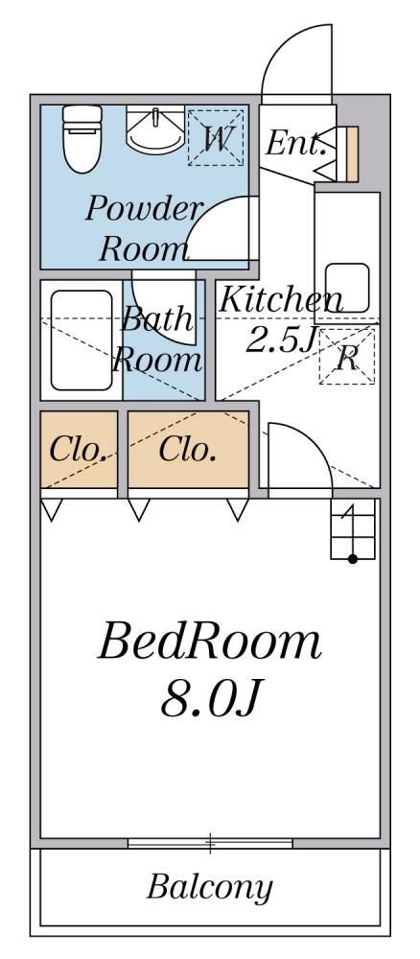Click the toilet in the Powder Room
click(82, 139)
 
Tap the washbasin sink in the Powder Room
click(155, 129)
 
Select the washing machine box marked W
click(216, 137)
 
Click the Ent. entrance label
click(294, 145)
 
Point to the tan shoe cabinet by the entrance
click(352, 153)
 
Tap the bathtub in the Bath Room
click(82, 340)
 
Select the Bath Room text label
click(156, 339)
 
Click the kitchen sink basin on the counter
click(346, 288)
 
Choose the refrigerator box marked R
click(347, 357)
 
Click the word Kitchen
click(280, 299)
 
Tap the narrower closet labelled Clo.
click(79, 450)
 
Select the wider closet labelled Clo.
click(188, 450)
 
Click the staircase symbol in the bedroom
click(353, 529)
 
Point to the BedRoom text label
click(210, 643)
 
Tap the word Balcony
click(210, 887)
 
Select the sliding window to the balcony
click(210, 843)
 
